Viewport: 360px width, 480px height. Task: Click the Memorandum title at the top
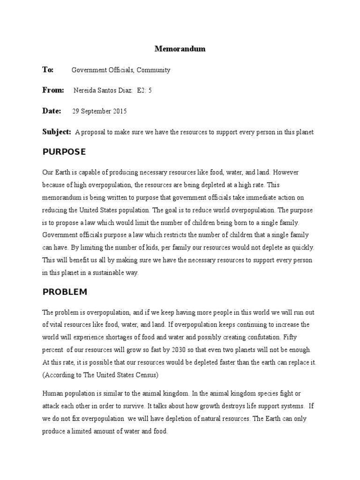pos(180,49)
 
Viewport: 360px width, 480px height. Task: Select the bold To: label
pos(48,70)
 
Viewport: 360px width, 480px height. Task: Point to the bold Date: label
pos(52,111)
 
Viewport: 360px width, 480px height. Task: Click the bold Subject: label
pos(57,132)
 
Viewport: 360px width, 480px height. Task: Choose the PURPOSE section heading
pos(64,152)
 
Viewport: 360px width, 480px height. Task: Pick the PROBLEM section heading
pos(65,292)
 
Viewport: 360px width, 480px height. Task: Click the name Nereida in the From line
pos(85,91)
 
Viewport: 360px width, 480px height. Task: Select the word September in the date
pos(95,112)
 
